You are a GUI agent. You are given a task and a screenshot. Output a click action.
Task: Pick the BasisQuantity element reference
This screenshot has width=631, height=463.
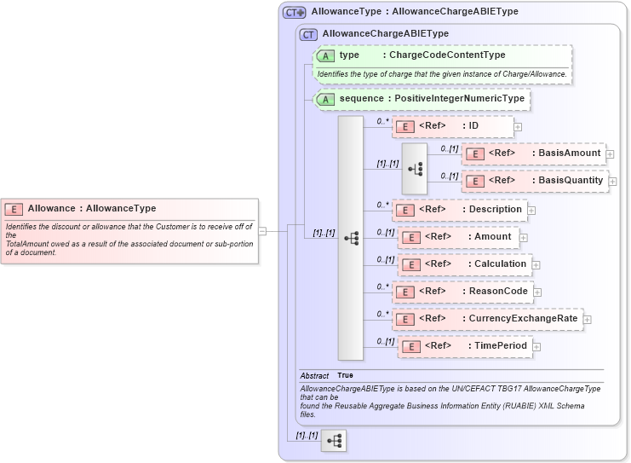point(534,181)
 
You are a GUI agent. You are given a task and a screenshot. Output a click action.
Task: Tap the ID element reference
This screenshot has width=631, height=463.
point(452,126)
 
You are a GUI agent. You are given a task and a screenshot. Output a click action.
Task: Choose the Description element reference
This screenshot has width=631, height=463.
point(459,209)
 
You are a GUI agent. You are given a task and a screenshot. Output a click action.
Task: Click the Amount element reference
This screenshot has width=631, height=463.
point(459,236)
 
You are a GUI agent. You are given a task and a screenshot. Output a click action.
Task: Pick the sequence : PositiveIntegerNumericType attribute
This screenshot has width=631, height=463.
point(422,99)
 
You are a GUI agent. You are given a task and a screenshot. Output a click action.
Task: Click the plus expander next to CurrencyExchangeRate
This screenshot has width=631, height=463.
point(588,320)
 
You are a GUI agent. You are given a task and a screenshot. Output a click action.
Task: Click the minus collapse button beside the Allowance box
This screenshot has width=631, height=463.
point(263,230)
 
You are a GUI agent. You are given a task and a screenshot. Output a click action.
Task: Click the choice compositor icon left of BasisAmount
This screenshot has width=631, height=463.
point(415,168)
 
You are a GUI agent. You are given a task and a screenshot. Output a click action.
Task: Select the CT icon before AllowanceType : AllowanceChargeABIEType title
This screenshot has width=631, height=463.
point(295,12)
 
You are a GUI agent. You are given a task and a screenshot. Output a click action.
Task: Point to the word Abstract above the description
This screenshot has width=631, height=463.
point(314,375)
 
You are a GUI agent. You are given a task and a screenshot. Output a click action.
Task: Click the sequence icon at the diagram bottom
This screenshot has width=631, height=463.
point(335,441)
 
